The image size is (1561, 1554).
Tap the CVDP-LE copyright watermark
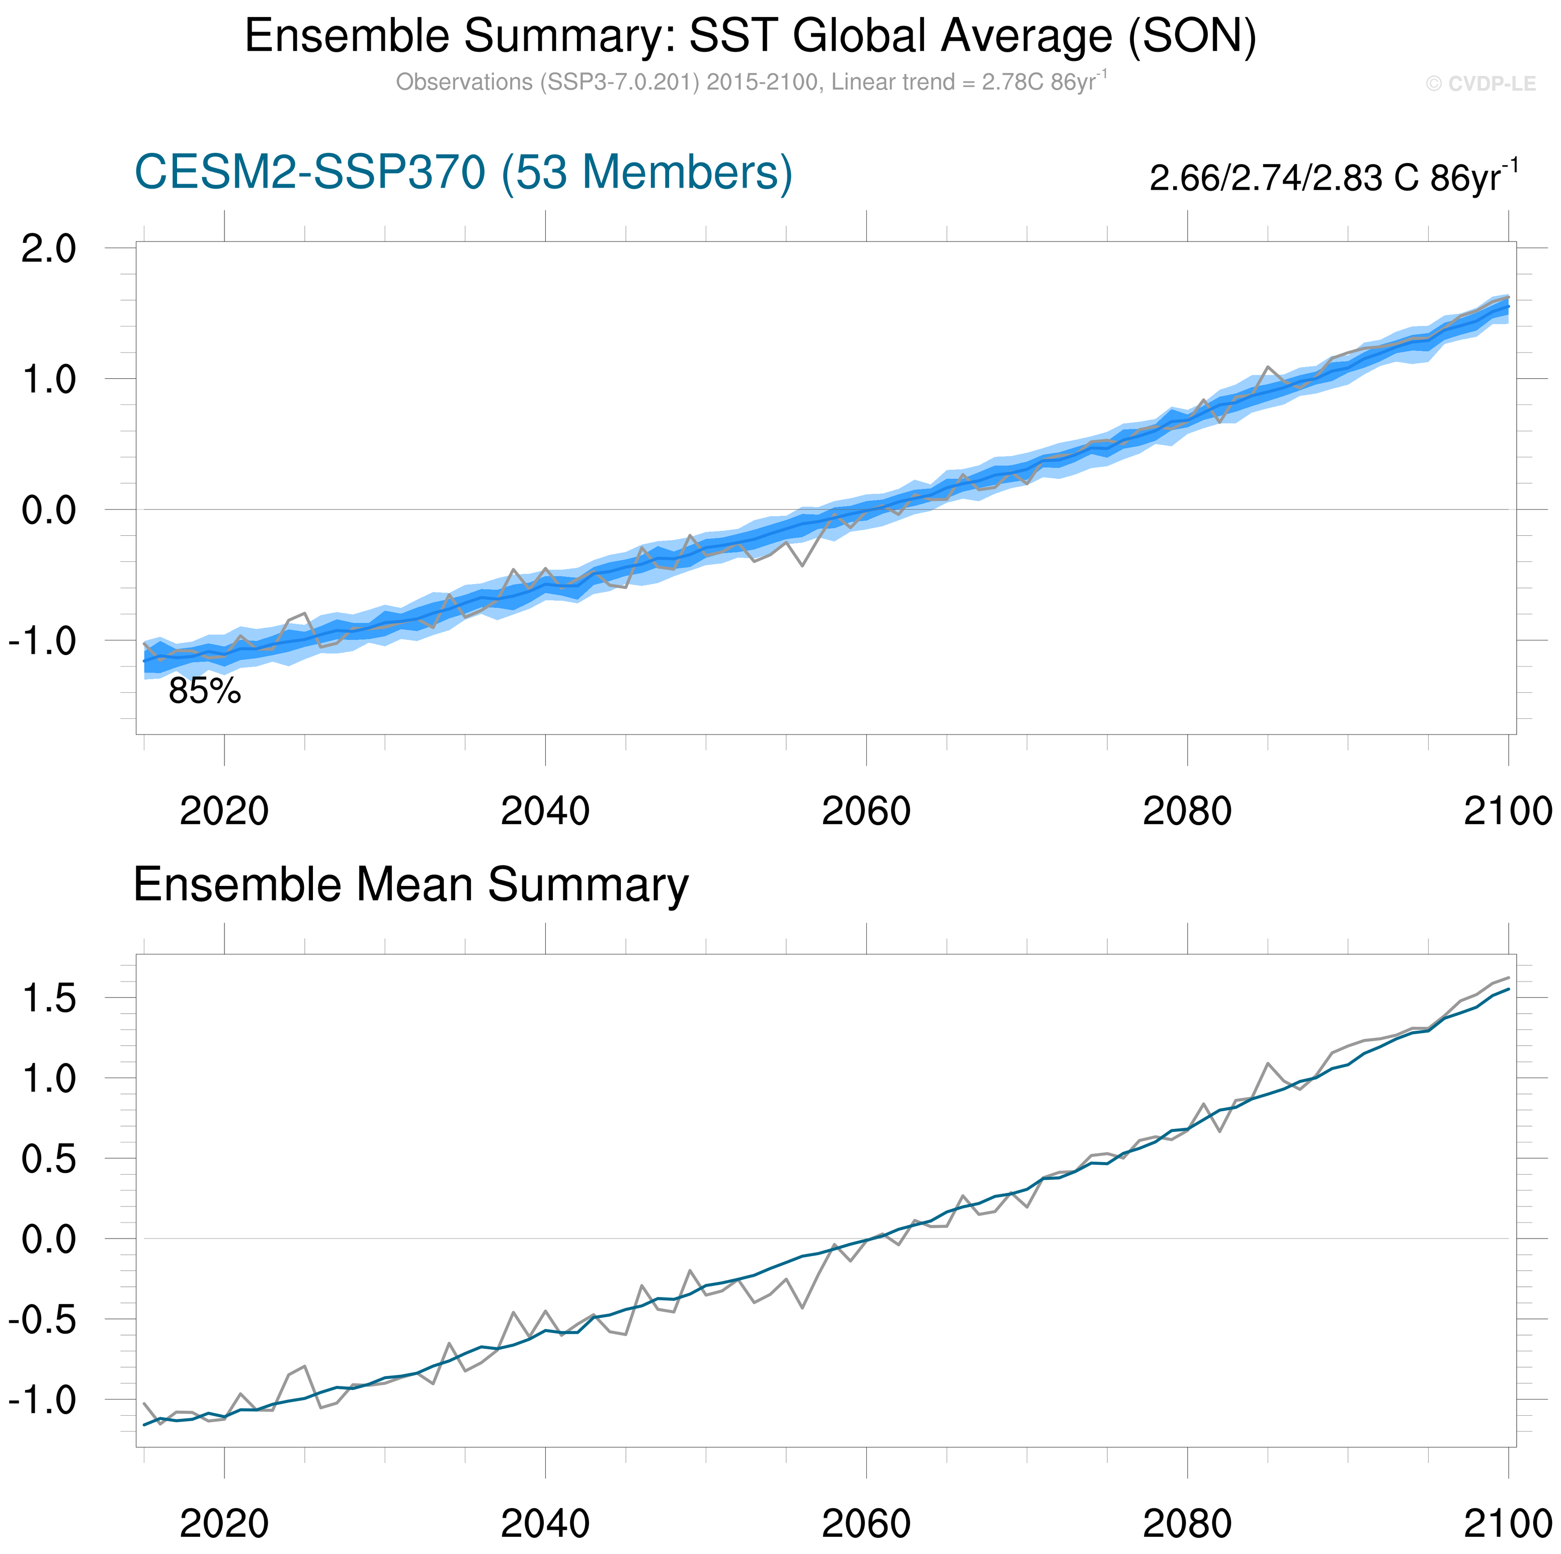pos(1480,84)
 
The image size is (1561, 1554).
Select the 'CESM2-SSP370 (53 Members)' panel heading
pos(463,172)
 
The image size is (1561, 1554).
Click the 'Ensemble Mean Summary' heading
pos(410,885)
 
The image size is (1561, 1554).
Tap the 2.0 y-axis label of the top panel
pos(48,248)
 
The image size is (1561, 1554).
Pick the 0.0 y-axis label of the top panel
pos(48,511)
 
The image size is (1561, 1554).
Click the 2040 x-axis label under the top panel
pos(545,811)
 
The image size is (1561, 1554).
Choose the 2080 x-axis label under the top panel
pos(1187,811)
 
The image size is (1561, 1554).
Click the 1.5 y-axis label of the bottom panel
pos(48,999)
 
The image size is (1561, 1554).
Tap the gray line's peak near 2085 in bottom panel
pos(1268,1064)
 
